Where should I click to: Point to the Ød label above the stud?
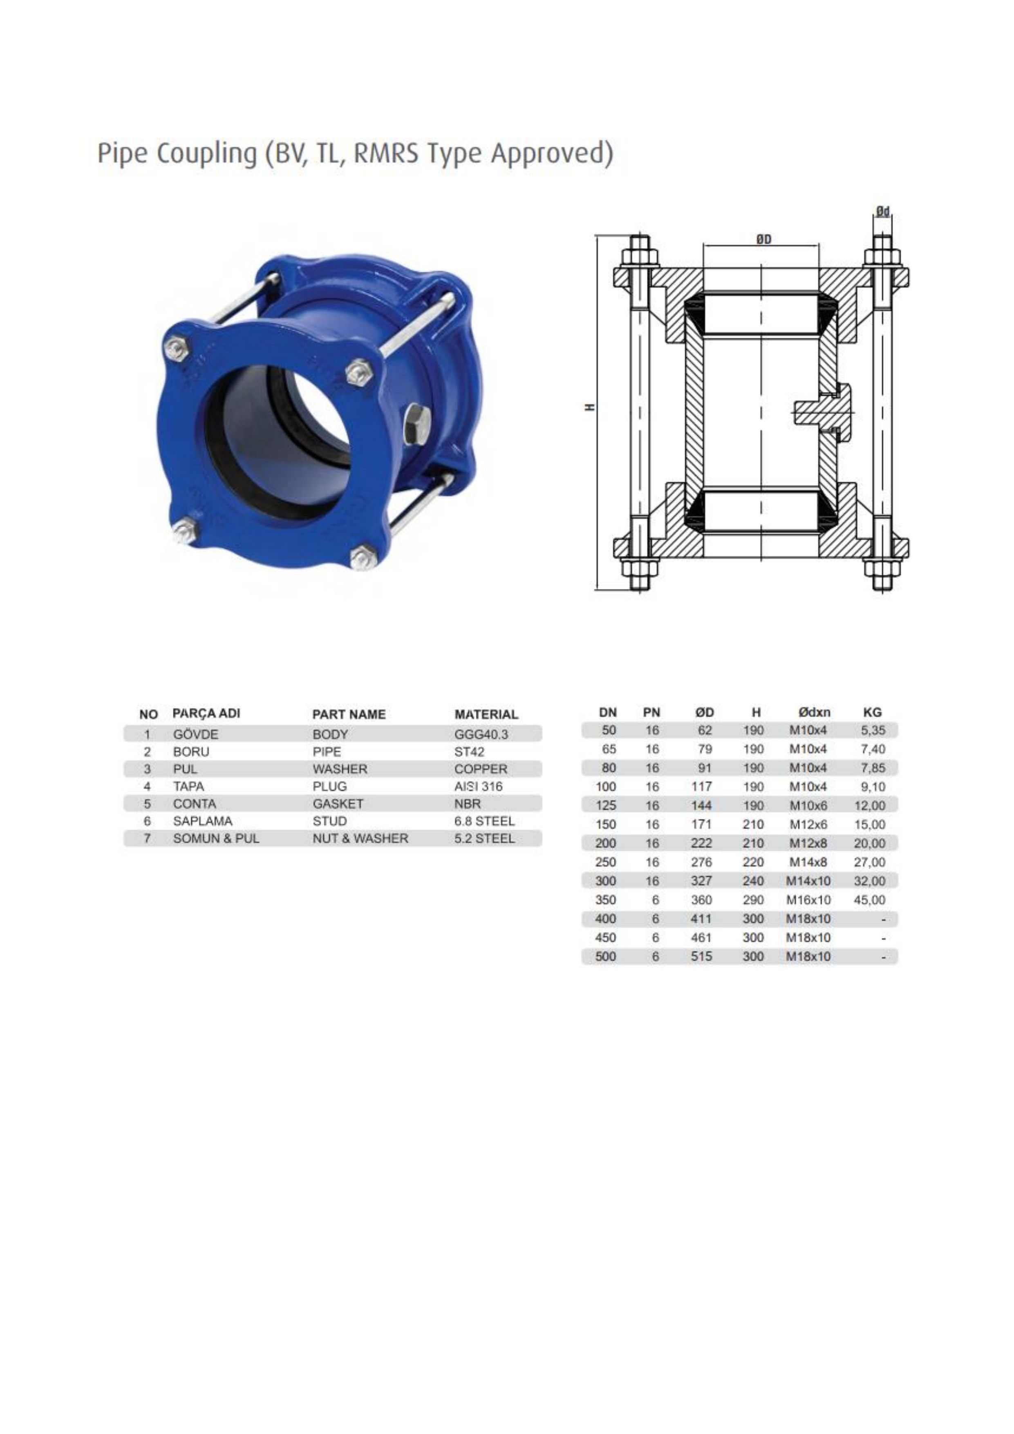(882, 212)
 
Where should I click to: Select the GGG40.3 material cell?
(481, 734)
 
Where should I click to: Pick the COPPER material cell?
(481, 769)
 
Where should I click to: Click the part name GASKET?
(337, 804)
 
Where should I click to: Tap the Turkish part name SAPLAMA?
(202, 821)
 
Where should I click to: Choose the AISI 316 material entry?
(478, 786)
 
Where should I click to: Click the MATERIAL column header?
(486, 714)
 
